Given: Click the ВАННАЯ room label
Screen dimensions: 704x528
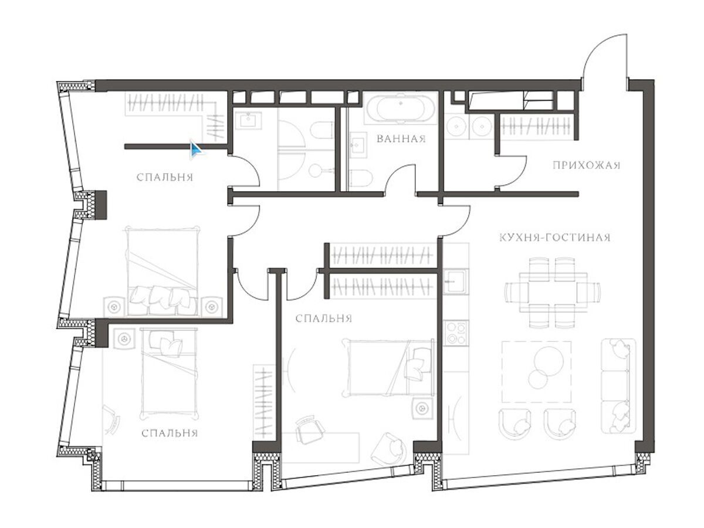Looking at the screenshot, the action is [x=401, y=139].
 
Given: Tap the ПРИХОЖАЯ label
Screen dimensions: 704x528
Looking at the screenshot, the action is [x=586, y=165].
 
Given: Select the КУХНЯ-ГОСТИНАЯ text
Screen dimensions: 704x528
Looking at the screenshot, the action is [x=555, y=238].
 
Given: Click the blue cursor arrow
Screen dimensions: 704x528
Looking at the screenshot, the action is [x=195, y=150].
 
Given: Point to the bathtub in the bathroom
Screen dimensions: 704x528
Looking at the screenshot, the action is [x=401, y=109].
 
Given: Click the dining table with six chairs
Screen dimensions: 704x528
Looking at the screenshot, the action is [x=552, y=293].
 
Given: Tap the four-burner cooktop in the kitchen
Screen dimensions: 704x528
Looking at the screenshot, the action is [x=456, y=333].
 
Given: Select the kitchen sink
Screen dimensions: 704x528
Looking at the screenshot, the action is [x=455, y=282].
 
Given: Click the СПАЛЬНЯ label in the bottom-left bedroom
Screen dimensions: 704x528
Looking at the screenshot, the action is [x=170, y=434].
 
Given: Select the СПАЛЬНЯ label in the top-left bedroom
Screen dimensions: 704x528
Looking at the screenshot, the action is [x=165, y=177].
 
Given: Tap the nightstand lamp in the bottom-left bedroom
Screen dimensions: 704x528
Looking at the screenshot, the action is [x=124, y=339].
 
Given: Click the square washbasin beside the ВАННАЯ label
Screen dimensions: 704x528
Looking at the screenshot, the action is [x=358, y=147].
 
